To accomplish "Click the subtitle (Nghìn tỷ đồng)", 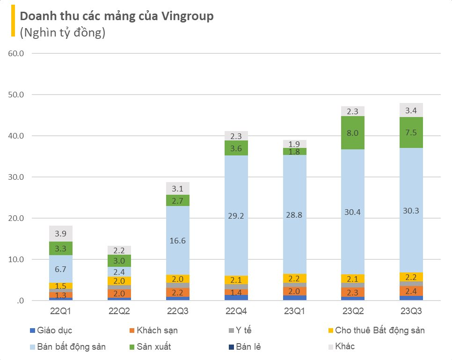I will coord(62,32).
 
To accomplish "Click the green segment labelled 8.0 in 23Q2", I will coord(353,132).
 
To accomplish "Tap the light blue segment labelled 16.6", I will coord(178,240).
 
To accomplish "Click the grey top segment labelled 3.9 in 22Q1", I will coord(61,234).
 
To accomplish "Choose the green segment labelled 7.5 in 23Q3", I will coord(411,132).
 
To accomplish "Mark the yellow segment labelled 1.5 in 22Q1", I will coord(61,286).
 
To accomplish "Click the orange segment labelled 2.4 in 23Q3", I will coord(411,291).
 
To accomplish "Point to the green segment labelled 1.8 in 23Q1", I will coord(295,151).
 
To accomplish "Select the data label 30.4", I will coord(353,212).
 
